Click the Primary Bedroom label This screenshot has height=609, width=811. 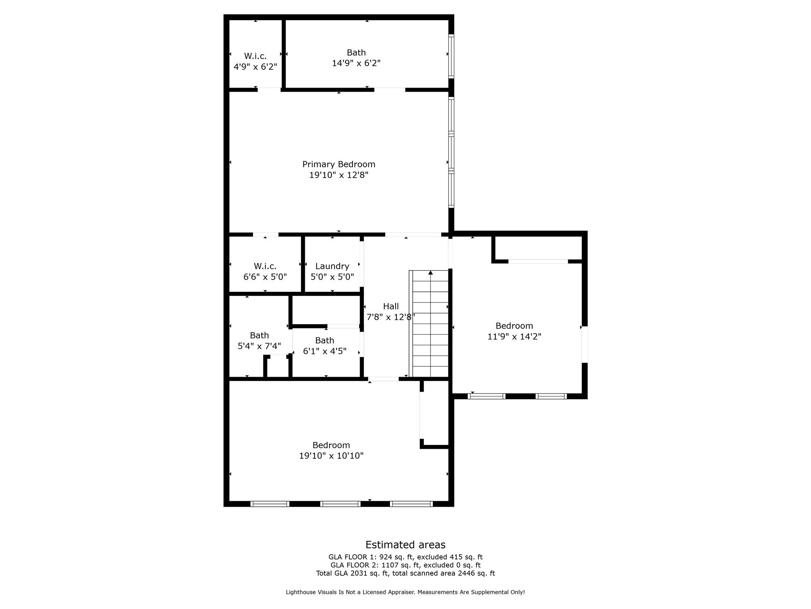coord(339,164)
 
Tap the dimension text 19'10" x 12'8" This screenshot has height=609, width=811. coord(339,175)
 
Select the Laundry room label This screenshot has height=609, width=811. coord(332,266)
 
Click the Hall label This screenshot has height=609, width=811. coord(391,306)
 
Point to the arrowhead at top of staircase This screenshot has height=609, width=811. coord(430,272)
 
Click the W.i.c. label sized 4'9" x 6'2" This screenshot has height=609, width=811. coord(255,56)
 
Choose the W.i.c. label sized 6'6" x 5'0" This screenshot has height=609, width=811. coord(265,266)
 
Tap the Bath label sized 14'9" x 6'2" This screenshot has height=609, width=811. coord(356,52)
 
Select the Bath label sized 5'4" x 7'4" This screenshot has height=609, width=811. coord(259,335)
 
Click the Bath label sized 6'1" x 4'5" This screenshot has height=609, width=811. coord(324,340)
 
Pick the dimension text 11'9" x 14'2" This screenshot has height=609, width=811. coord(514,337)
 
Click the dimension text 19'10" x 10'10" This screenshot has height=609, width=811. coord(331,456)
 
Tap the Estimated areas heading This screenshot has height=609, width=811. coord(405,544)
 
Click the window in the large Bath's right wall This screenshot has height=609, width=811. coord(451,56)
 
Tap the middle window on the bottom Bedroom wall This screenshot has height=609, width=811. coord(340,504)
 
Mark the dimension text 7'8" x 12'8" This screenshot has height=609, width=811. coord(391,317)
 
